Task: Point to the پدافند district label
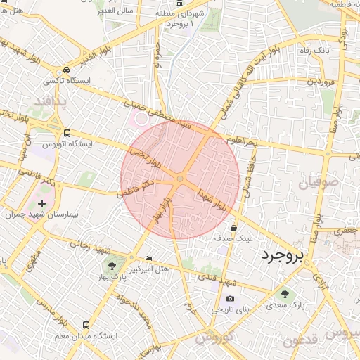tap(50, 103)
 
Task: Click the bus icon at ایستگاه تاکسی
tap(65, 70)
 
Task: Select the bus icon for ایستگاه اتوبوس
tap(67, 132)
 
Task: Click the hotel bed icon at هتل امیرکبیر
tap(148, 258)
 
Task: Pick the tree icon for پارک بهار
tap(110, 265)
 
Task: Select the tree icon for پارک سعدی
tap(285, 293)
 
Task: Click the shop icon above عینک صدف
tap(234, 227)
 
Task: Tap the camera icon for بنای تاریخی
tap(229, 298)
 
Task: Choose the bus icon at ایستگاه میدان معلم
tap(86, 325)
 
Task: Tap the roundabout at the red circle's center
tap(180, 179)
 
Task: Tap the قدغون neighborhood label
tap(300, 341)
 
